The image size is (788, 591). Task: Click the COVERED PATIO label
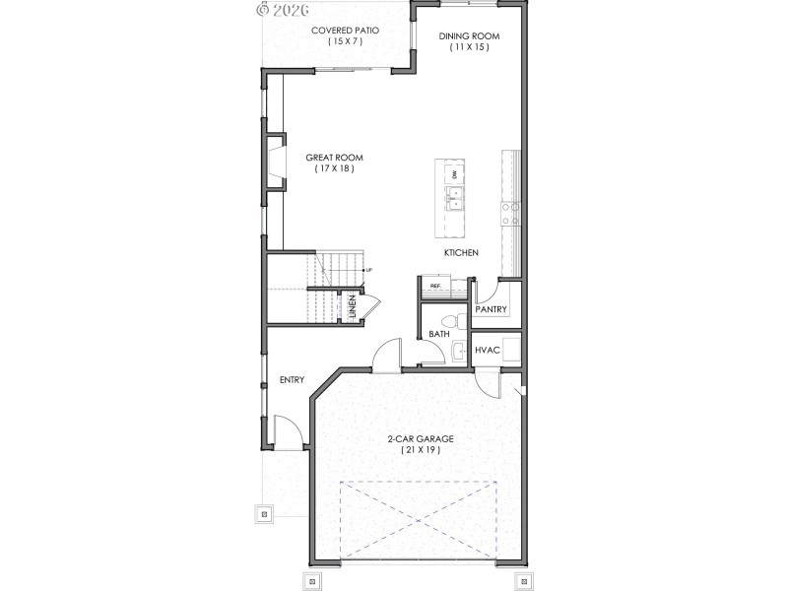tap(346, 31)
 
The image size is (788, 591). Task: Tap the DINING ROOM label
tap(470, 36)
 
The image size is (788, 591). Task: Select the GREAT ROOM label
tap(335, 158)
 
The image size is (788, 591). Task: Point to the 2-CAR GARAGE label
tap(420, 439)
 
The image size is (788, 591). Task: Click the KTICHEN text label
tap(461, 253)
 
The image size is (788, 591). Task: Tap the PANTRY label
tap(491, 310)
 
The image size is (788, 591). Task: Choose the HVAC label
tap(489, 351)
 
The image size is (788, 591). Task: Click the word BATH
tap(439, 335)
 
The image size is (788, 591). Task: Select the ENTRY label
tap(292, 380)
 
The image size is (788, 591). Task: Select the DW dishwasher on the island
tap(454, 174)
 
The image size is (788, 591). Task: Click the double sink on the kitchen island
tap(454, 202)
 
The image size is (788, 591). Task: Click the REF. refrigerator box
tap(435, 287)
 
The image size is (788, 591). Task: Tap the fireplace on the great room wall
tap(272, 164)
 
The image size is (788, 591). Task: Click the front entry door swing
tap(285, 430)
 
